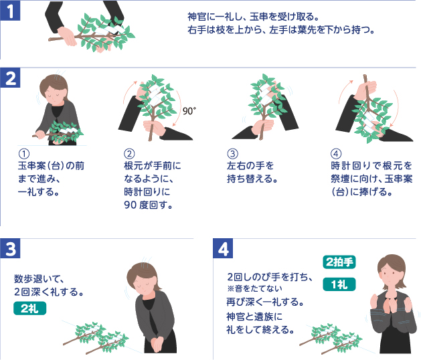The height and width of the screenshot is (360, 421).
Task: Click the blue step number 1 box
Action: tap(11, 11)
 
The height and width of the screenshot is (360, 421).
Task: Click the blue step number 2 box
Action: tap(11, 79)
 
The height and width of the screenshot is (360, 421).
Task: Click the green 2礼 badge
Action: tap(29, 308)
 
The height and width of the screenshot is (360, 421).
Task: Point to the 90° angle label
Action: tap(189, 111)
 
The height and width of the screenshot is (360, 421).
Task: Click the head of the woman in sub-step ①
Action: tap(51, 87)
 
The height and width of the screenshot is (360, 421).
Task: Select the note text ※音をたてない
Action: tap(257, 288)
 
